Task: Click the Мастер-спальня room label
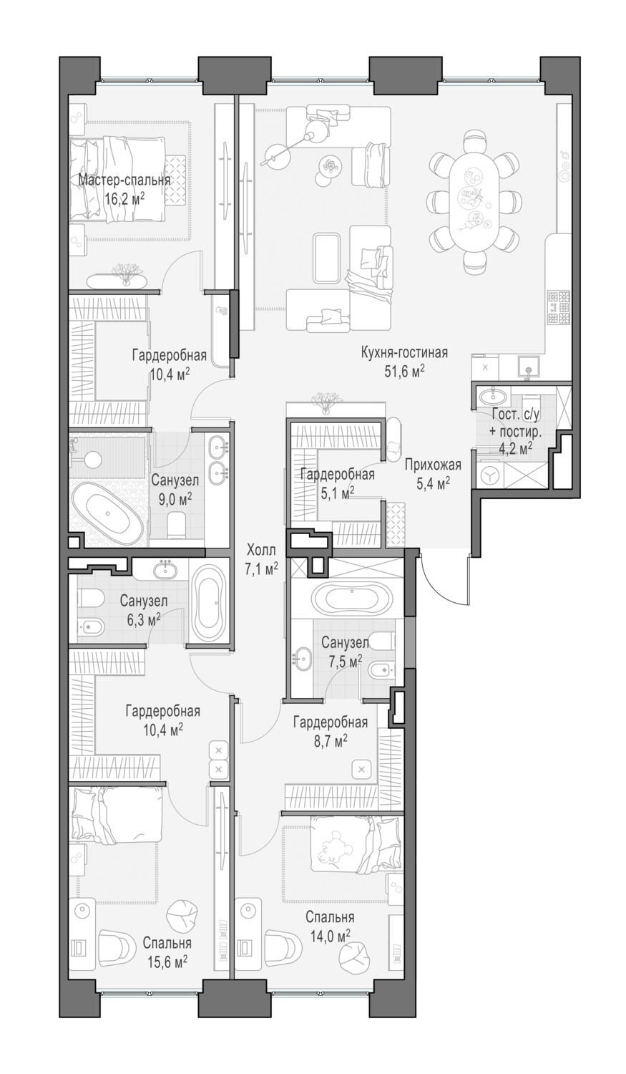124,180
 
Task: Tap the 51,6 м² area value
404,369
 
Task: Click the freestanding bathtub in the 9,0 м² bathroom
108,514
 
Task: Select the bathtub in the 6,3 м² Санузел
210,604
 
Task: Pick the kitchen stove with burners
558,306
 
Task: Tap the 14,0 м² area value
330,935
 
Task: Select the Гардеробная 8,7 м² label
330,722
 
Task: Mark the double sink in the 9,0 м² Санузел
217,461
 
